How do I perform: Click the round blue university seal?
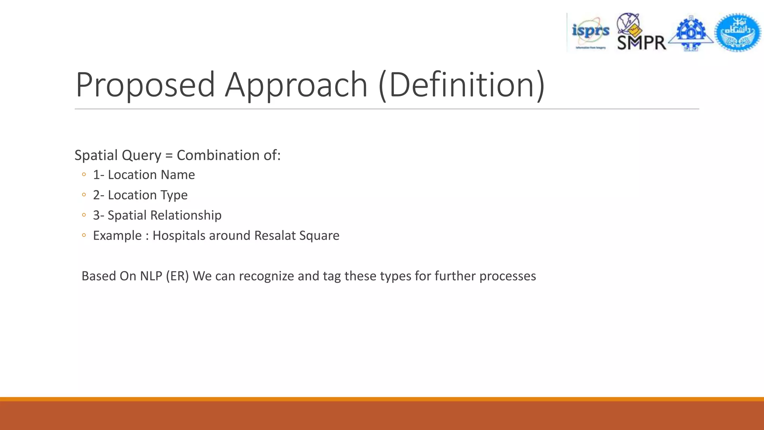738,32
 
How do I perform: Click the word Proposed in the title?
145,85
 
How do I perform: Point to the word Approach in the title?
296,85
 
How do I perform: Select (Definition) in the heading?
462,85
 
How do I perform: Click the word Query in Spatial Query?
144,155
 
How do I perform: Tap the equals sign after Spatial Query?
169,156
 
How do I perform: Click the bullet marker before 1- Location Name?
84,175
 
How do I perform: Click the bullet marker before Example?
84,236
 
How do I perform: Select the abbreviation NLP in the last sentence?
151,276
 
